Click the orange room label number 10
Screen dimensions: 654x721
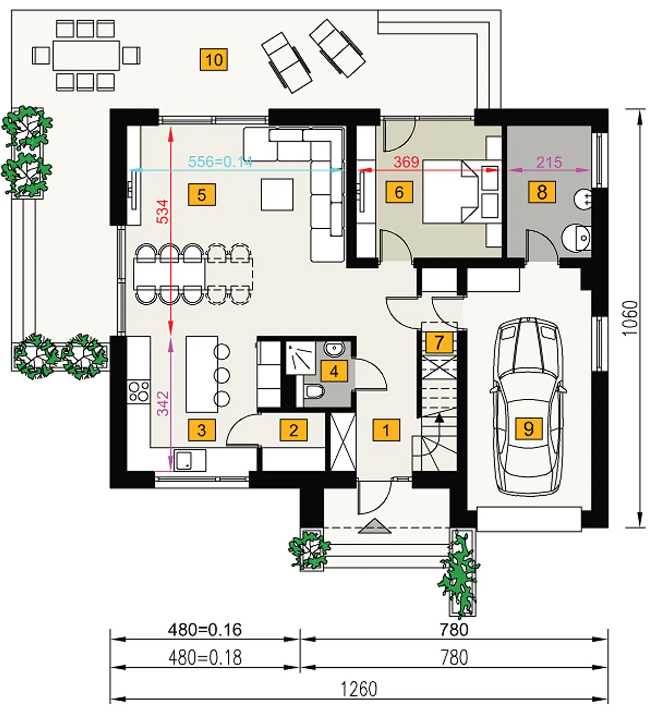coord(214,59)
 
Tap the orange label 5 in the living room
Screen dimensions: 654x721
coord(202,195)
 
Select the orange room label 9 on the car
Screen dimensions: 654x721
coord(528,429)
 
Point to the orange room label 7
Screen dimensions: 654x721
coord(439,342)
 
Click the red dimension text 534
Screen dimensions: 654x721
coord(163,211)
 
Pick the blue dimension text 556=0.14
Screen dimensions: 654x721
coord(220,162)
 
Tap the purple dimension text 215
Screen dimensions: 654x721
coord(549,163)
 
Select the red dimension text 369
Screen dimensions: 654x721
coord(406,162)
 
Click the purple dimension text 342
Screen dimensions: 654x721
coord(163,403)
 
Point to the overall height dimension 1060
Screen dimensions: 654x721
coord(630,319)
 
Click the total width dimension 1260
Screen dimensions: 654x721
coord(359,689)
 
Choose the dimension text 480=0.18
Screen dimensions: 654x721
coord(205,658)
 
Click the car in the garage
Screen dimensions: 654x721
coord(528,407)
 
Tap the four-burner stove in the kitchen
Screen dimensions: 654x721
coord(138,392)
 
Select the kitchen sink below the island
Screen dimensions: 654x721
coord(190,461)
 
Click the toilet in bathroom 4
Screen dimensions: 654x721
coord(314,392)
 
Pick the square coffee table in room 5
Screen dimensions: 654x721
coord(277,195)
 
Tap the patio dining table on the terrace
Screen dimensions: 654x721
coord(86,55)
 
